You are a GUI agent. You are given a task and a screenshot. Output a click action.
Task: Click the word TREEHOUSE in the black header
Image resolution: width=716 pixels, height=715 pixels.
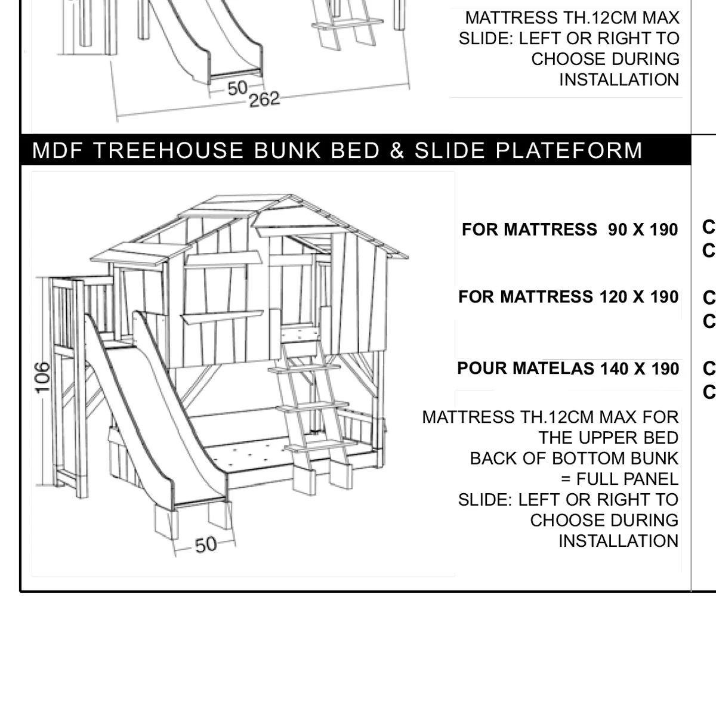click(168, 150)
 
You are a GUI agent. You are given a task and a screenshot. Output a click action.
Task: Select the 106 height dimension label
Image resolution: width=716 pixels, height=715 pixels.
click(42, 377)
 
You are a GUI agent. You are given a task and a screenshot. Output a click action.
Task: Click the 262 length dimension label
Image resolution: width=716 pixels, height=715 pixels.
click(264, 99)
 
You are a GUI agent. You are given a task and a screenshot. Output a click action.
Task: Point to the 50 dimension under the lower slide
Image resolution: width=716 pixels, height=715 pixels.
click(205, 545)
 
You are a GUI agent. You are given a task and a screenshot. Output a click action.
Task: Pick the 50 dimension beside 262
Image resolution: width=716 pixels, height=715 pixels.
click(237, 88)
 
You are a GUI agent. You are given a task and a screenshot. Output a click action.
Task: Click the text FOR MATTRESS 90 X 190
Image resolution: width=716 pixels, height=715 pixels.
click(570, 230)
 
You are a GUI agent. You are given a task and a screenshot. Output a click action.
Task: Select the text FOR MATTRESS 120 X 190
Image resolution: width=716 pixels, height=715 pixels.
click(568, 297)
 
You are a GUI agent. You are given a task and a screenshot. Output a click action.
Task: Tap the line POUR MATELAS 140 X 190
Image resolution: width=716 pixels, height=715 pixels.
click(568, 369)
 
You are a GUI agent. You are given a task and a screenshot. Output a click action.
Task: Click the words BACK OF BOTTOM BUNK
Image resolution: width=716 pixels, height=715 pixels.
click(573, 459)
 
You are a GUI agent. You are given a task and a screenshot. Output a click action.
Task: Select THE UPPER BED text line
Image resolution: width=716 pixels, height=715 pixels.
click(608, 438)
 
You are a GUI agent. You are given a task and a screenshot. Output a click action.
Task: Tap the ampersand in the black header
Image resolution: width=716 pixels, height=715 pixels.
click(397, 150)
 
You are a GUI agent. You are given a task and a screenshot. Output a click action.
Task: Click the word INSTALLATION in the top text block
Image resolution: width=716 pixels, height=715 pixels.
click(619, 79)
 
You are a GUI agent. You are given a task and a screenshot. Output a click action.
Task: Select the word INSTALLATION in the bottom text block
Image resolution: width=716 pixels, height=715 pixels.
click(618, 541)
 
